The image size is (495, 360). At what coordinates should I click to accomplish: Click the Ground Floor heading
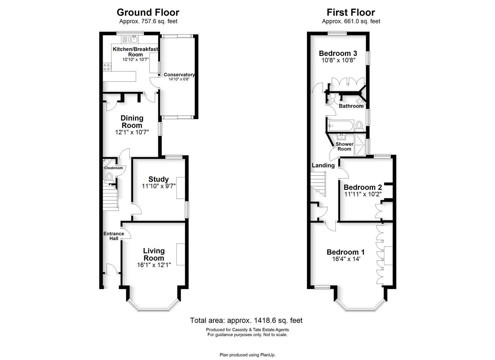[x=148, y=12]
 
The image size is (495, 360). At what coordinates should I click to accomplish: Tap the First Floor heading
[x=351, y=12]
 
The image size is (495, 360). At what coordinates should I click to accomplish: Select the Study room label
[x=158, y=179]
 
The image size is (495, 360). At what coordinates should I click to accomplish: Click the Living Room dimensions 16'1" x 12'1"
[x=154, y=265]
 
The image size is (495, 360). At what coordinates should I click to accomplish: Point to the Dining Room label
[x=132, y=122]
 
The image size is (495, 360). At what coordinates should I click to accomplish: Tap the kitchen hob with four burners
[x=107, y=67]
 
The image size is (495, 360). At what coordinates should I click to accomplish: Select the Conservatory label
[x=179, y=75]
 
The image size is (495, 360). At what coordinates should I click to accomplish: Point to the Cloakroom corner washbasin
[x=106, y=162]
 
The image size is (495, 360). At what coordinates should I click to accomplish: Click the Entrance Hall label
[x=114, y=236]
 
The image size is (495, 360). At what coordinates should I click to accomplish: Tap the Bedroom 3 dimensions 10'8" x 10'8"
[x=338, y=60]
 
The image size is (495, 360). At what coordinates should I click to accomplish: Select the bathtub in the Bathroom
[x=341, y=126]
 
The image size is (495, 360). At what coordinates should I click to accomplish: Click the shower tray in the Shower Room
[x=360, y=145]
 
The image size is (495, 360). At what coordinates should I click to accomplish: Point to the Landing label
[x=323, y=165]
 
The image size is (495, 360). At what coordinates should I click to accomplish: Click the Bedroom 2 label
[x=363, y=187]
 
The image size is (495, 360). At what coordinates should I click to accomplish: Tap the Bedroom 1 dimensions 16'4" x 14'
[x=346, y=259]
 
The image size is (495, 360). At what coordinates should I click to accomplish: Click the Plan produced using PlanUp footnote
[x=247, y=355]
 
